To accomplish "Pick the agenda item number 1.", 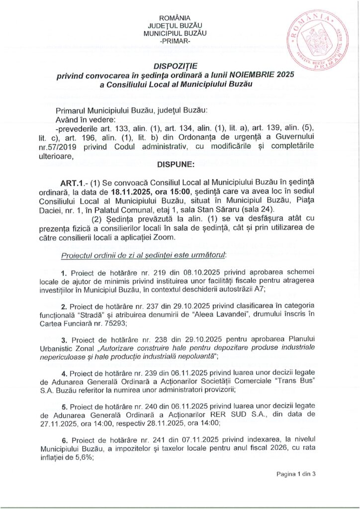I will [64, 274].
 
